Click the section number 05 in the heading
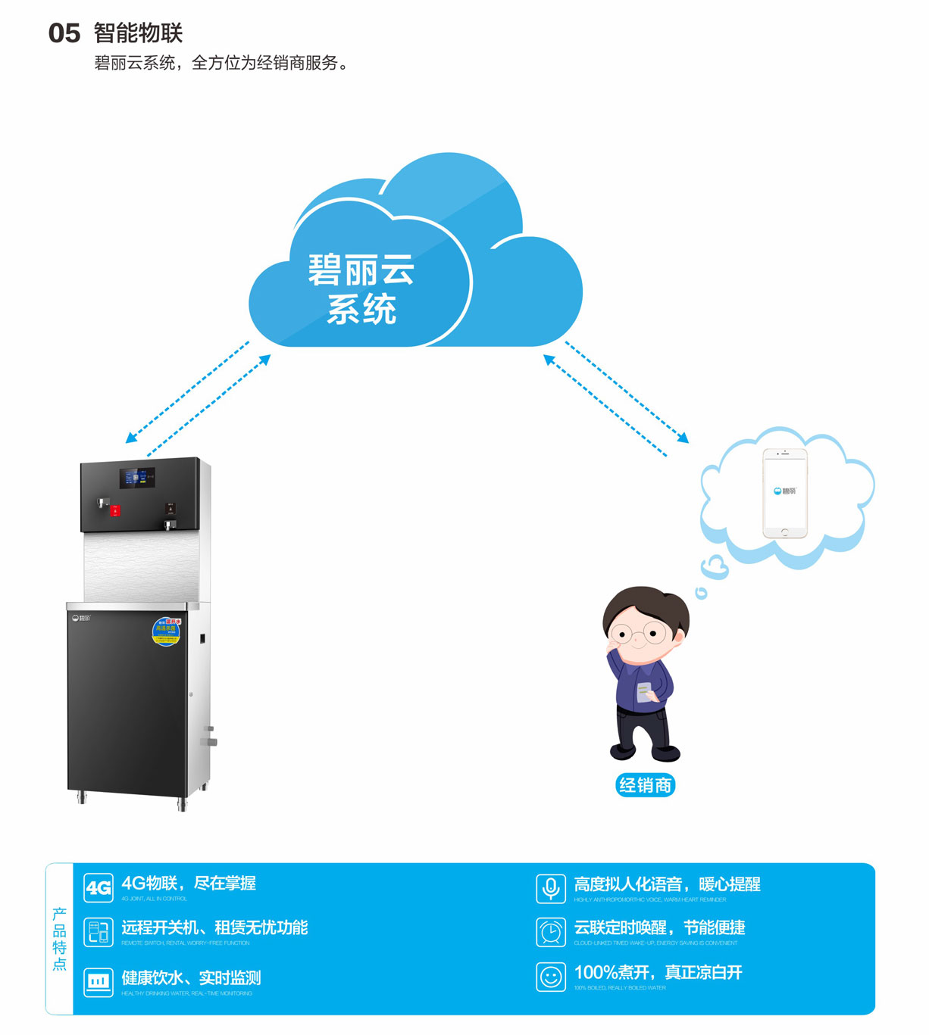[x=64, y=33]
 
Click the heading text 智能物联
[x=138, y=33]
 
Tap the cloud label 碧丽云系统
[x=361, y=290]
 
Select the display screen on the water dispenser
[x=137, y=478]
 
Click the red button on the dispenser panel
[x=115, y=511]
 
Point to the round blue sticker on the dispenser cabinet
[x=166, y=631]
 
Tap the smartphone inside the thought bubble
[x=784, y=492]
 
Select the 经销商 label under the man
[x=645, y=785]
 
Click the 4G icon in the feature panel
[x=99, y=888]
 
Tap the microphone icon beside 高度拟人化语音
[x=551, y=888]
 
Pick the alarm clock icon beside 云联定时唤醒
[x=551, y=932]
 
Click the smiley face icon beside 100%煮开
[x=551, y=977]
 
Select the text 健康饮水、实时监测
[x=191, y=977]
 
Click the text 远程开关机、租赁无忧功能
[x=214, y=927]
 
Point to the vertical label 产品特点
[x=59, y=939]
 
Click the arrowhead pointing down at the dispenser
[x=130, y=438]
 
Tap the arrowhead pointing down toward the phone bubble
[x=684, y=438]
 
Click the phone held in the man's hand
[x=644, y=692]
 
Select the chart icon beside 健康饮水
[x=99, y=982]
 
